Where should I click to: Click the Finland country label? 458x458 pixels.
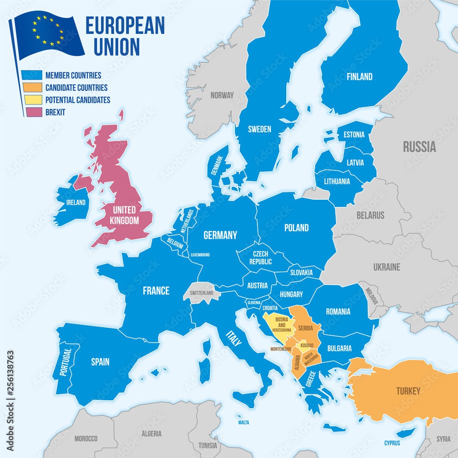359,77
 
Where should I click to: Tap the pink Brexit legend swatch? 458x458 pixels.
32,111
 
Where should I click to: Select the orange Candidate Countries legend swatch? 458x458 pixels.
32,87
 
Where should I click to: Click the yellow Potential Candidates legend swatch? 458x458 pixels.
32,99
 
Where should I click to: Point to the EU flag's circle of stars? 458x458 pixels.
48,30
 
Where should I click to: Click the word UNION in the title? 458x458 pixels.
112,47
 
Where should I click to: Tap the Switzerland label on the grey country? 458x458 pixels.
202,292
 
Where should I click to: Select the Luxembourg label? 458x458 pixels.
200,255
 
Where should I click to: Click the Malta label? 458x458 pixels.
244,422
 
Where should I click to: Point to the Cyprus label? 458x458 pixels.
392,443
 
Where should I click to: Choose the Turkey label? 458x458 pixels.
408,391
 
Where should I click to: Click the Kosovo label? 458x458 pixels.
307,345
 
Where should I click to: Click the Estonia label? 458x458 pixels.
354,135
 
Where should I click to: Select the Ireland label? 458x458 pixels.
76,202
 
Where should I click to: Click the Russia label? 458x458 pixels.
419,147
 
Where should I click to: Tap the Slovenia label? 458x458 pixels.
254,303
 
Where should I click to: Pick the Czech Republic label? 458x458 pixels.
260,258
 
